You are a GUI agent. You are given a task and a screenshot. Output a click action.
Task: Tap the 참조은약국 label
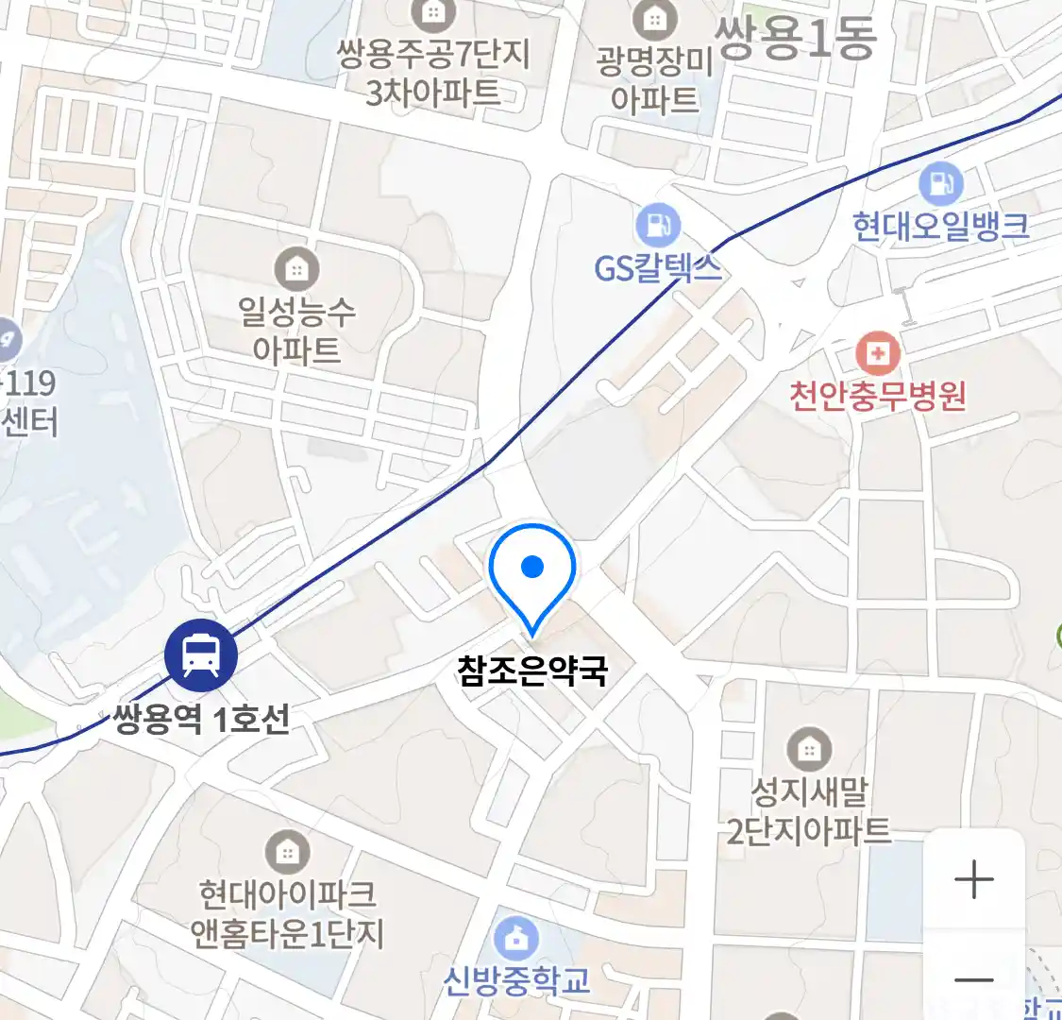532,671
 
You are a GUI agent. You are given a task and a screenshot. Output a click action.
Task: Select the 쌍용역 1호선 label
201,721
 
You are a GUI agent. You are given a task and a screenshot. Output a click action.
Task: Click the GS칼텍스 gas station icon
658,227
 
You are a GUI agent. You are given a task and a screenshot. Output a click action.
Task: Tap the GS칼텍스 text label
658,268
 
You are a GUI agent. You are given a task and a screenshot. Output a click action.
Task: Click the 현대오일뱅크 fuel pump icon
940,183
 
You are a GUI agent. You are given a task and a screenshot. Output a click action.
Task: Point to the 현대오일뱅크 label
940,227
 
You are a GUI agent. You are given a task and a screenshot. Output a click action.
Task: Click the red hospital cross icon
878,354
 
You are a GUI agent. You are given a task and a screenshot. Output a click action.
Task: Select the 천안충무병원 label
878,395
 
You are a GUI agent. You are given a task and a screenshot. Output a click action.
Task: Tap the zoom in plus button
973,880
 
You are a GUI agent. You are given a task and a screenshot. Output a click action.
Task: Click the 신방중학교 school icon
516,939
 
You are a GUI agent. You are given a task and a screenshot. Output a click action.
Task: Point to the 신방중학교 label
516,980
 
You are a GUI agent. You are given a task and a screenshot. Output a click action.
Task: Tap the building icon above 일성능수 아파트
296,270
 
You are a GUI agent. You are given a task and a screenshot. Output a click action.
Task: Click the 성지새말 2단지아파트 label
809,810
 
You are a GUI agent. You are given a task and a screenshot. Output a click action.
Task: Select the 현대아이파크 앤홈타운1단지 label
287,913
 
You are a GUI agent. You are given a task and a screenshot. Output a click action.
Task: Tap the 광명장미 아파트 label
654,79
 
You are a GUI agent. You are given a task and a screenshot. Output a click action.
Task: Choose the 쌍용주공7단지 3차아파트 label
433,72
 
